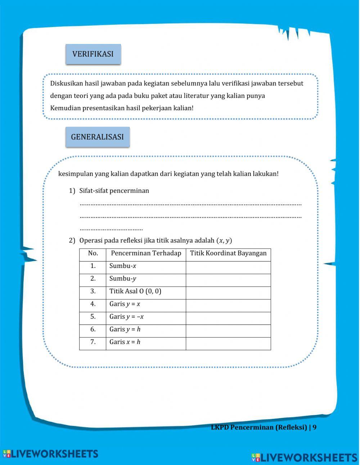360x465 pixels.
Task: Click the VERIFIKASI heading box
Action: coord(93,54)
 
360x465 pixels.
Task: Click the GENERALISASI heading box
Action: coord(97,137)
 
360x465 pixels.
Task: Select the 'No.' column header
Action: coord(93,254)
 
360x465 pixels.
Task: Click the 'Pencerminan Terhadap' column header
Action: coord(146,254)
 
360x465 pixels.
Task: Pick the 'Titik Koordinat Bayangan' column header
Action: coord(228,254)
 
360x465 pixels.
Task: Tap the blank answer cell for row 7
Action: coord(228,343)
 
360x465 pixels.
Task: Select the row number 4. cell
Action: coord(93,304)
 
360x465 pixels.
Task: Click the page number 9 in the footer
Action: coord(314,428)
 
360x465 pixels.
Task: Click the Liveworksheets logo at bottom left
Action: coord(50,454)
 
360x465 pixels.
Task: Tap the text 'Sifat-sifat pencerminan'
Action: coord(114,191)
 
